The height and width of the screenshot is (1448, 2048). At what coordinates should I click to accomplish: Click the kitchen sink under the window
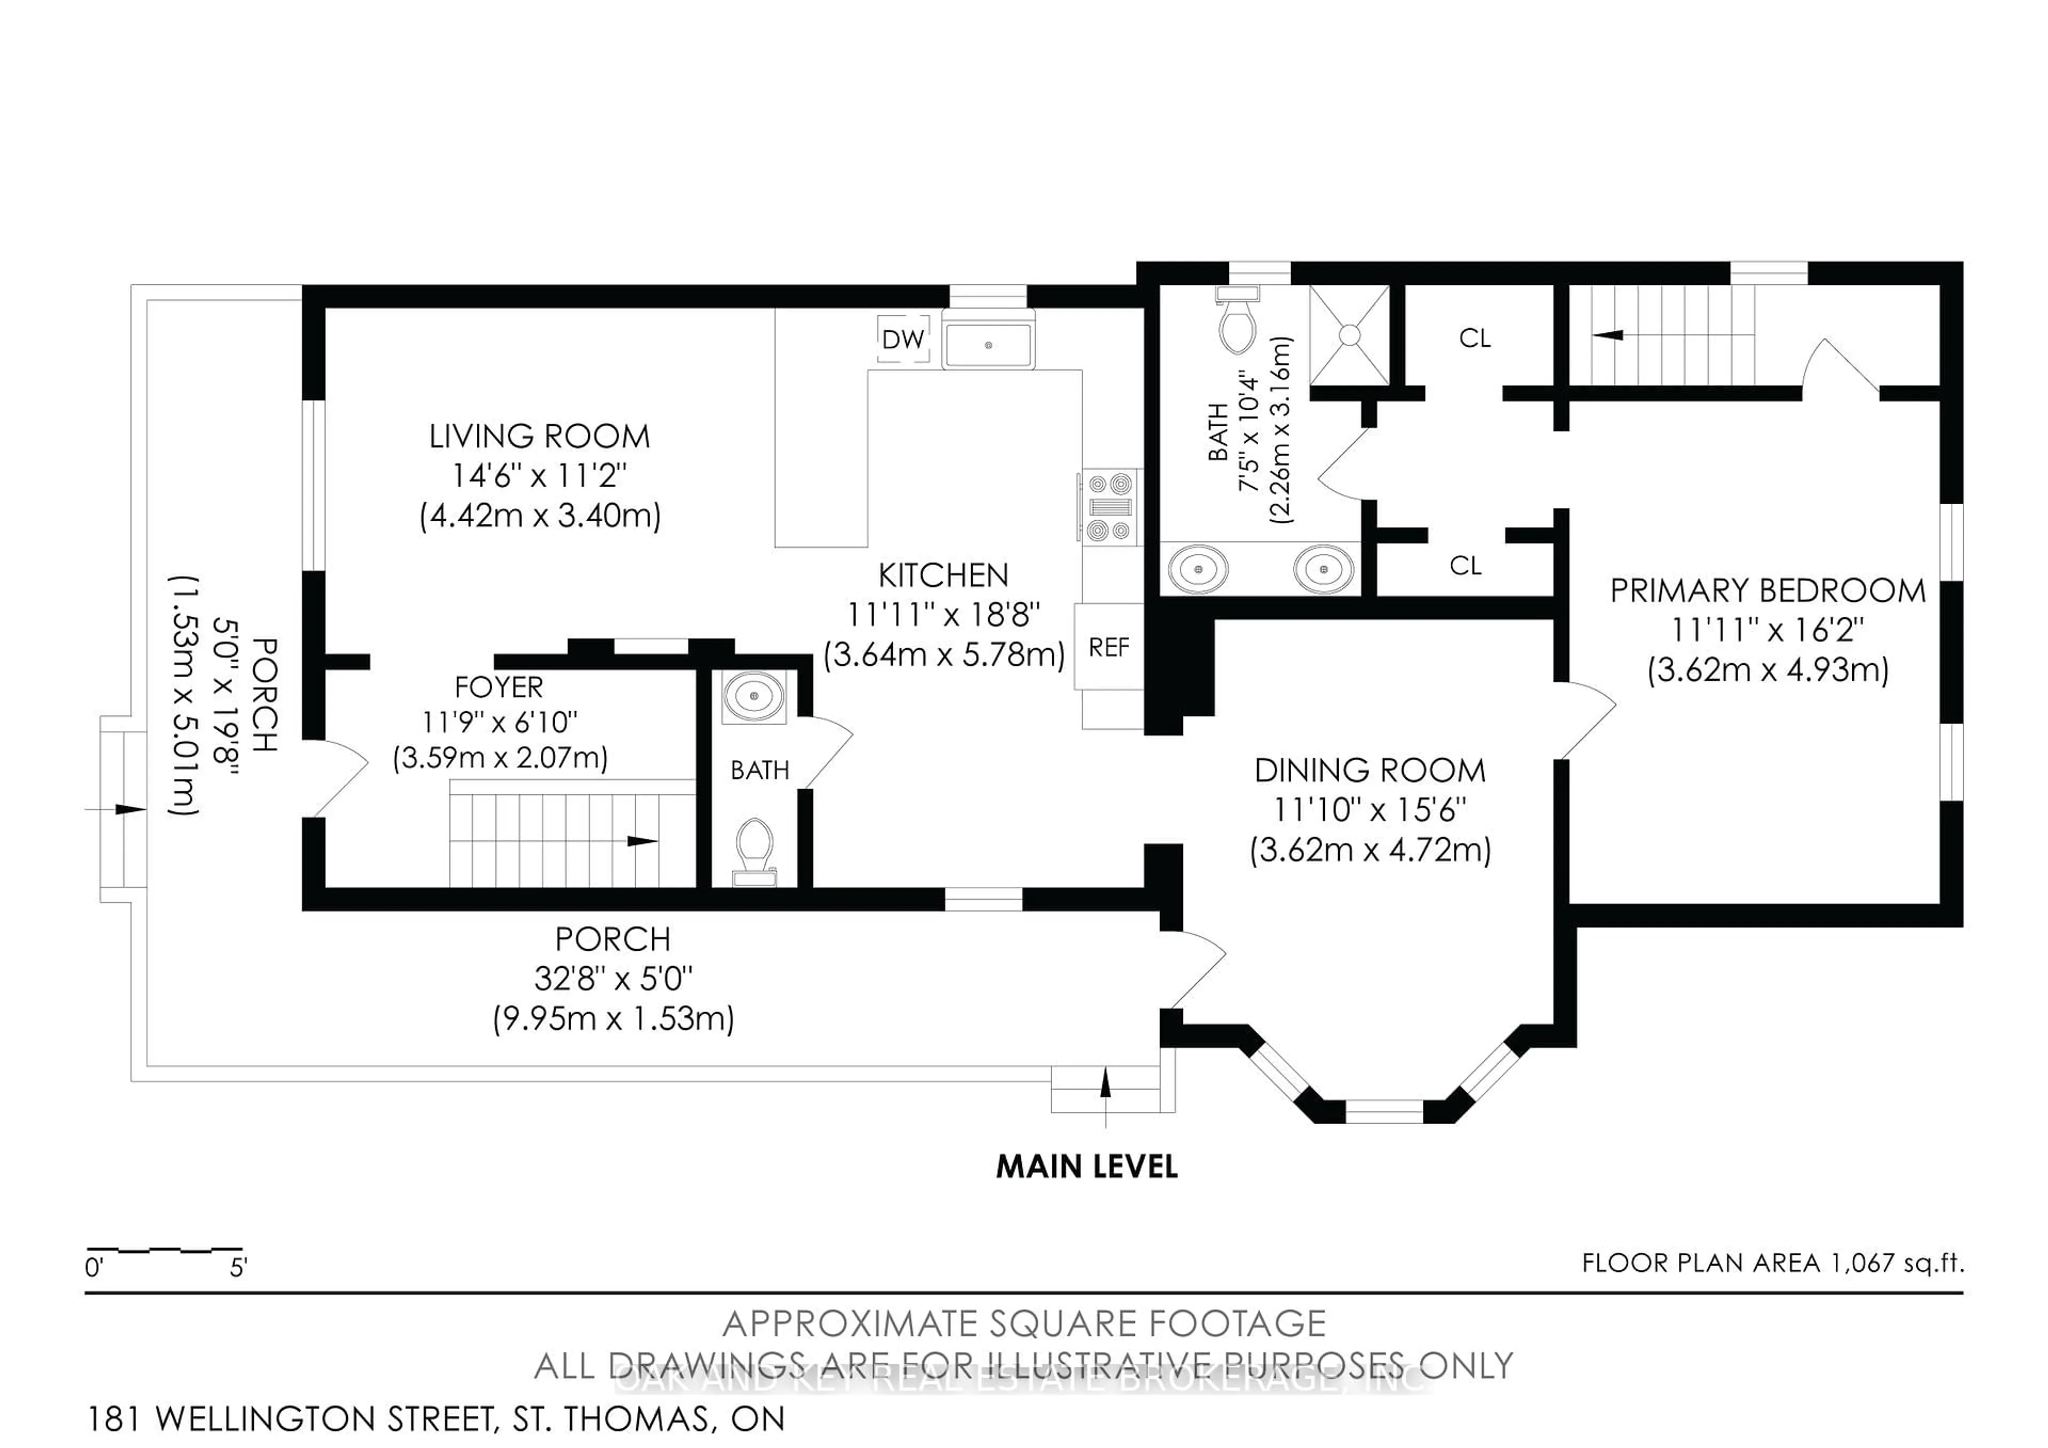[x=988, y=344]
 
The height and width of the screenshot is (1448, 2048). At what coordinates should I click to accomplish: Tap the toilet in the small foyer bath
[x=754, y=849]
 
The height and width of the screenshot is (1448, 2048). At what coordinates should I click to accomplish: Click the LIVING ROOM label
[x=540, y=436]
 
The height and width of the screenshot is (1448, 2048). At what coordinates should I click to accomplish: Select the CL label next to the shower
[x=1475, y=338]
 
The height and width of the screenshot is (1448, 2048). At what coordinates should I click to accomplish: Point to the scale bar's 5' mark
[x=238, y=1267]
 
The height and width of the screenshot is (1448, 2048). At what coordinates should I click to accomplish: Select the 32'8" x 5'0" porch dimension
[x=613, y=978]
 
